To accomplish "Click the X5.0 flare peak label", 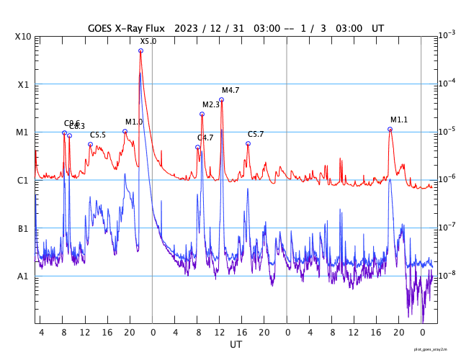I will [x=148, y=42].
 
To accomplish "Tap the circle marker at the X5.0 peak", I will [x=140, y=50].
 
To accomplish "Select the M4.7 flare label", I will [x=230, y=90].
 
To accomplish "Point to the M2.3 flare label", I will [x=210, y=105].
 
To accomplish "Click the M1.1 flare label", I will [x=399, y=120].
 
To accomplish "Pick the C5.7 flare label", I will [x=256, y=135].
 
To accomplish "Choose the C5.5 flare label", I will [x=98, y=135].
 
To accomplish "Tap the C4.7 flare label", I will [x=205, y=138].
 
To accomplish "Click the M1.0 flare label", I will [x=134, y=122].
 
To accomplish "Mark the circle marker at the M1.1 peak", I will [x=390, y=129].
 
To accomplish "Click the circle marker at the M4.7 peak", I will [x=221, y=100].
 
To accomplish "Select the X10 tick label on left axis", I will [x=23, y=37].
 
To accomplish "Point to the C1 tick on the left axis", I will [x=23, y=180].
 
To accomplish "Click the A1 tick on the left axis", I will [x=23, y=276].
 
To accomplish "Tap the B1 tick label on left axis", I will [x=23, y=228].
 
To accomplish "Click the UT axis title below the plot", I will [x=236, y=345].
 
